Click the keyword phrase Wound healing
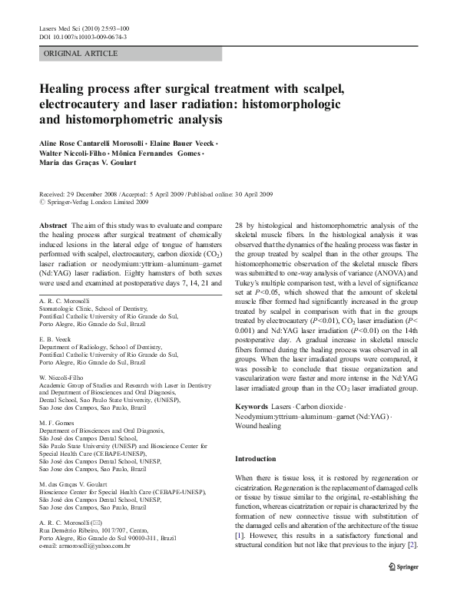tap(258, 425)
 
